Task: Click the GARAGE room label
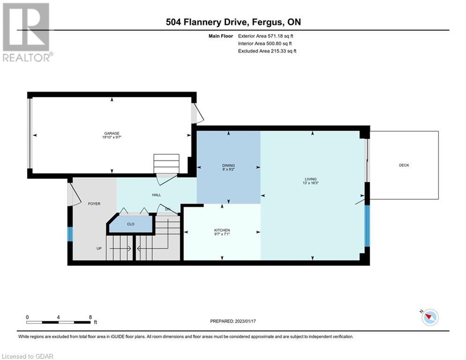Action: (112, 133)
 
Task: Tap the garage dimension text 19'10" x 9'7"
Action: (112, 137)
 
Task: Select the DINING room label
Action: (229, 165)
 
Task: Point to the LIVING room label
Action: (311, 179)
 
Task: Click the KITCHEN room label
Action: (222, 230)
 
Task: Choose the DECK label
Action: (404, 165)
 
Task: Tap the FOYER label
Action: (94, 204)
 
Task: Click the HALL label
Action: (156, 195)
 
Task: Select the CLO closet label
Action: (131, 224)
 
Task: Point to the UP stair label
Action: (99, 248)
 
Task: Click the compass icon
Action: (430, 317)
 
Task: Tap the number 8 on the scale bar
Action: (90, 317)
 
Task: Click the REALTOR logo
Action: (26, 32)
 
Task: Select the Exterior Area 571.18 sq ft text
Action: (266, 36)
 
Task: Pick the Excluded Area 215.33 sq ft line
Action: (267, 51)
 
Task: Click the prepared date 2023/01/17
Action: (245, 321)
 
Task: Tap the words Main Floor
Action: (221, 36)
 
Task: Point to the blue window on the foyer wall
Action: (70, 234)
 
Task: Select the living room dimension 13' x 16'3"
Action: (311, 183)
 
